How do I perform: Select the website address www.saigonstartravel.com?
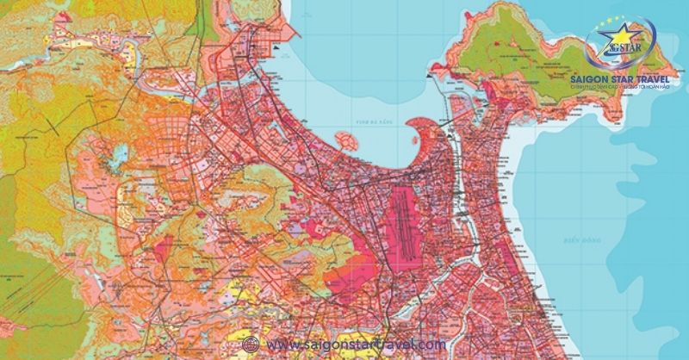[357, 344]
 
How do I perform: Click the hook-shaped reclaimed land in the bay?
[424, 138]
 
